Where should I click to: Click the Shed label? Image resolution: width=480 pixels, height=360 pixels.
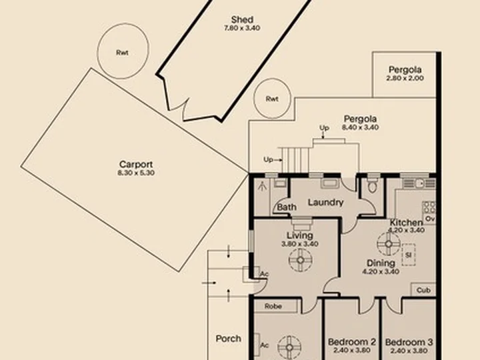(x=242, y=19)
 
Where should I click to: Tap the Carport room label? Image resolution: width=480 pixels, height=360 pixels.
(x=136, y=165)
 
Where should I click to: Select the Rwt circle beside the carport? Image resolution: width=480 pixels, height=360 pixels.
(x=123, y=51)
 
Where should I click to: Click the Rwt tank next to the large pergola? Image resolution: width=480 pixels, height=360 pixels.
(x=272, y=99)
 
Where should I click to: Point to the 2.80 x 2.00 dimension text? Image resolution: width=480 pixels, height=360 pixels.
(x=405, y=78)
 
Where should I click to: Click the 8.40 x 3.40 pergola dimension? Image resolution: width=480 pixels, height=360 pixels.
(x=360, y=127)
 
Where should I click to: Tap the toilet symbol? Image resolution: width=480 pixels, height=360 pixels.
(x=372, y=184)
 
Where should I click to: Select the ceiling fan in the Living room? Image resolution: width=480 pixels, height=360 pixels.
(x=300, y=260)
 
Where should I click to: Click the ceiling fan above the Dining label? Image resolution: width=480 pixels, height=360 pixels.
(x=389, y=244)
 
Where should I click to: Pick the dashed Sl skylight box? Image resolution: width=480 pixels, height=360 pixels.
(x=409, y=255)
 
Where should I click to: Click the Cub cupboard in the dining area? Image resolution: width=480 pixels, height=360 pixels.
(x=423, y=290)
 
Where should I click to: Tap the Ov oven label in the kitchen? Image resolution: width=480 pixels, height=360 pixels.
(x=430, y=219)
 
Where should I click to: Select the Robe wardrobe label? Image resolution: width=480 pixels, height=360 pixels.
(x=273, y=306)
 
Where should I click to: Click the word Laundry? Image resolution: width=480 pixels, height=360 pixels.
(x=326, y=203)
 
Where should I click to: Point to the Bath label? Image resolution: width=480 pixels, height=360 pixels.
(x=287, y=207)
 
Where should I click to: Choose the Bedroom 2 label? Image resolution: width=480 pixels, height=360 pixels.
(x=352, y=341)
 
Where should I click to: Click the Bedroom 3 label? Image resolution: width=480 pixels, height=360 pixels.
(x=409, y=342)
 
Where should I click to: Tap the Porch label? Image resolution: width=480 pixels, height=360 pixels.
(x=229, y=339)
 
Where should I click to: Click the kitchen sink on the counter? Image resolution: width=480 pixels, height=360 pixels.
(x=419, y=183)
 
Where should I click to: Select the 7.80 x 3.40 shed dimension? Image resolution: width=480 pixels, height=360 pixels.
(x=242, y=28)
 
